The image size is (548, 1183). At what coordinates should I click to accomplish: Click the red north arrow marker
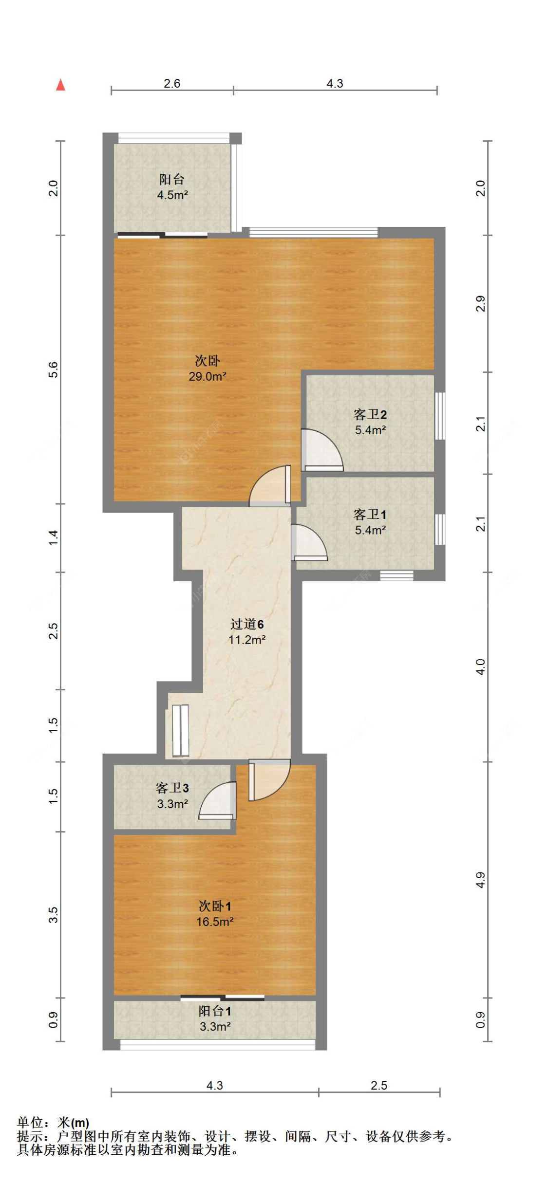(60, 85)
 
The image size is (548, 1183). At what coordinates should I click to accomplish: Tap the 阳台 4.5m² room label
(172, 187)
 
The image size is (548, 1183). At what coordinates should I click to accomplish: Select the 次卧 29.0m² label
(207, 368)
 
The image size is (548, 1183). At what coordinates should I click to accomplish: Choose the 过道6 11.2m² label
(247, 631)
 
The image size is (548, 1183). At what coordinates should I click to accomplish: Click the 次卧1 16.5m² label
(214, 913)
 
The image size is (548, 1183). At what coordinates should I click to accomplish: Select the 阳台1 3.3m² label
(214, 1018)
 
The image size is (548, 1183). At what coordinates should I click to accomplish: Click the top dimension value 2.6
(172, 83)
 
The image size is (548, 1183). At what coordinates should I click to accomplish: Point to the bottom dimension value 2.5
(378, 1085)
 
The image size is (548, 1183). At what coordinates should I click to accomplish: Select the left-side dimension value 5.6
(53, 370)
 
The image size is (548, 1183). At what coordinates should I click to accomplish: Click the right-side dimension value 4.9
(480, 880)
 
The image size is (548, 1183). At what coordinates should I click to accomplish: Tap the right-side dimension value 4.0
(480, 666)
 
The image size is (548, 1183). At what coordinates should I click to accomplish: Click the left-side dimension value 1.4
(53, 537)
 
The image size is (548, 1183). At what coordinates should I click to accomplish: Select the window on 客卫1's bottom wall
(397, 575)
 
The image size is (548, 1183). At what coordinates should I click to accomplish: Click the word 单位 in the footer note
(30, 1123)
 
